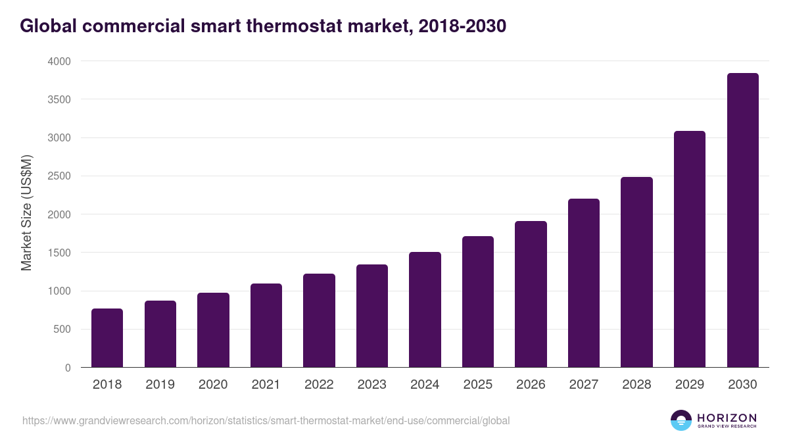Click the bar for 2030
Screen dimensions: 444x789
pyautogui.click(x=742, y=220)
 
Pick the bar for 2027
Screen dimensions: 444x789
pyautogui.click(x=584, y=283)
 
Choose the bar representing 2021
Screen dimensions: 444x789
pyautogui.click(x=266, y=325)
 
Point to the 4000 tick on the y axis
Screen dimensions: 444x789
pyautogui.click(x=58, y=61)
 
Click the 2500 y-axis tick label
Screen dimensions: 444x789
pyautogui.click(x=58, y=176)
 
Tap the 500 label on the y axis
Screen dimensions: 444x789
pyautogui.click(x=61, y=330)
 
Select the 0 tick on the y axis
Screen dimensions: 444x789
pyautogui.click(x=68, y=368)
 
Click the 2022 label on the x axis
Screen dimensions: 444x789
pyautogui.click(x=319, y=385)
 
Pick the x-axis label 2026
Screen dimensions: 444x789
pyautogui.click(x=531, y=385)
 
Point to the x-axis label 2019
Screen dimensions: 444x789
pyautogui.click(x=160, y=385)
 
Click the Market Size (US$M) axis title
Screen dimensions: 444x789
pyautogui.click(x=26, y=213)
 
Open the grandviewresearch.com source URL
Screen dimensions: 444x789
pyautogui.click(x=266, y=420)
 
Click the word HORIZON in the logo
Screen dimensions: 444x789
pyautogui.click(x=726, y=418)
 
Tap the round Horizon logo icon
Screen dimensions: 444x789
pyautogui.click(x=681, y=420)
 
